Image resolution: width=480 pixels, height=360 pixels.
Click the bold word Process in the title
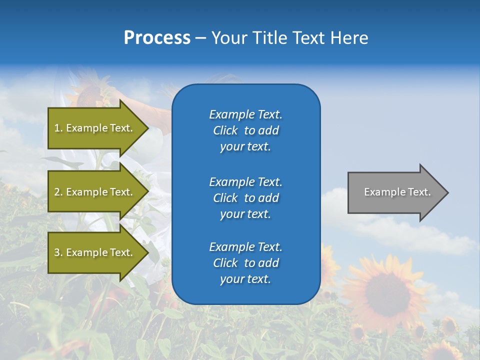pos(157,38)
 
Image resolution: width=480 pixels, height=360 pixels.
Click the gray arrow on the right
pos(395,192)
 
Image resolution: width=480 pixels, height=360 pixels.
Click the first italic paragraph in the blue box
pos(245,130)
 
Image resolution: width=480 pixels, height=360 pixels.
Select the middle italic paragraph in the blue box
pos(245,198)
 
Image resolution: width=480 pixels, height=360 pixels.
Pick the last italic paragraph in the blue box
pos(245,263)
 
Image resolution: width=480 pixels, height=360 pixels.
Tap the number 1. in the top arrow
pos(58,128)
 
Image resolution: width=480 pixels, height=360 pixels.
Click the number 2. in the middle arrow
pos(58,192)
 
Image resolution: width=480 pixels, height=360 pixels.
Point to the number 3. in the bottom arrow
pos(58,252)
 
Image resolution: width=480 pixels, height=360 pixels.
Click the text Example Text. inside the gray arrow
pos(397,192)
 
